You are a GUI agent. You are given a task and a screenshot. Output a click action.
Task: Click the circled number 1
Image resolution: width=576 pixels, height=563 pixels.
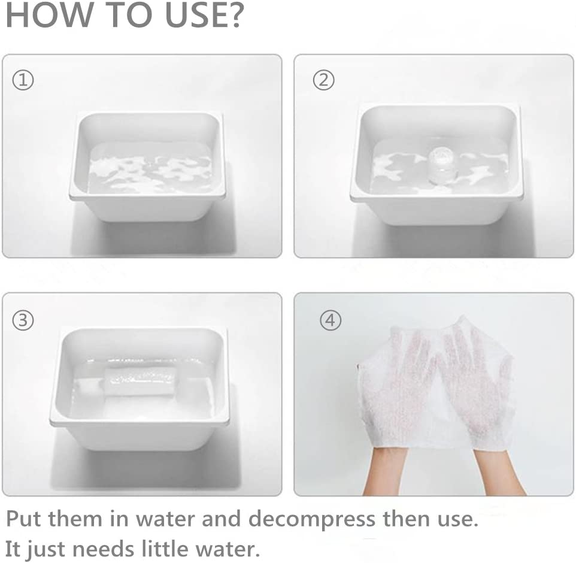point(23,80)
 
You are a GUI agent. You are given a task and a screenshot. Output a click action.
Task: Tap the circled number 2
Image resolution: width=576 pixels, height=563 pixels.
point(324,80)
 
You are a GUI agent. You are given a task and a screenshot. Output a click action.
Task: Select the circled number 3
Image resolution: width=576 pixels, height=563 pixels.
point(23,320)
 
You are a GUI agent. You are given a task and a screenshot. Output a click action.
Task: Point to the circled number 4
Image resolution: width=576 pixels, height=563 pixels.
point(331,320)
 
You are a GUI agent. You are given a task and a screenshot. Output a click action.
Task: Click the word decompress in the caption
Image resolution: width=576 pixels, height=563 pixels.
point(312,519)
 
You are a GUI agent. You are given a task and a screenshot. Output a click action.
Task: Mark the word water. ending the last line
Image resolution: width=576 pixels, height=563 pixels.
point(228,550)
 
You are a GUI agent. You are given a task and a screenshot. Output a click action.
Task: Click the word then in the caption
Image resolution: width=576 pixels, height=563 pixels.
point(406,519)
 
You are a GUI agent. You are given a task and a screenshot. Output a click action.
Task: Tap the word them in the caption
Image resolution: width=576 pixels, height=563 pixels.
point(75,519)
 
